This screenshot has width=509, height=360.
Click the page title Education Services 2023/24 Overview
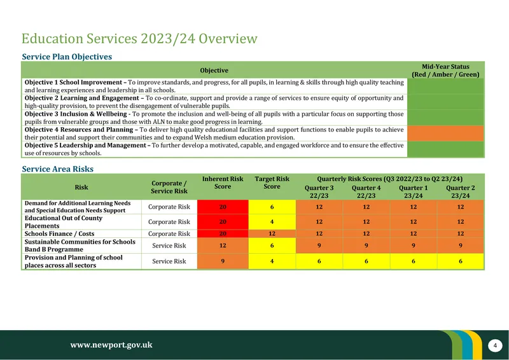point(139,39)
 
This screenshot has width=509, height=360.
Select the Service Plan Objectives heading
point(67,57)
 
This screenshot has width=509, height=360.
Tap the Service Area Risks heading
point(57,169)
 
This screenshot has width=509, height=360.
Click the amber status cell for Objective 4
point(445,134)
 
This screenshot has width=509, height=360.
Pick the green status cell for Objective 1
point(445,86)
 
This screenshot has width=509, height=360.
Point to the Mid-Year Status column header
point(445,71)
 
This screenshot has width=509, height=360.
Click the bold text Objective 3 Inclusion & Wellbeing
point(76,114)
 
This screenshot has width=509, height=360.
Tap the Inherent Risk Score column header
point(223,183)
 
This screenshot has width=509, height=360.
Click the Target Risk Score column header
point(272,183)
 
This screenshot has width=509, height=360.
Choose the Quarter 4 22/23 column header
point(366,191)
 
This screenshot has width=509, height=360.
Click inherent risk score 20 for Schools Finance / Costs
point(223,233)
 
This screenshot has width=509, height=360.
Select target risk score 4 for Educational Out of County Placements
point(272,222)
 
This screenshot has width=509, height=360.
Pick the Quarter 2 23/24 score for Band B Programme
point(460,246)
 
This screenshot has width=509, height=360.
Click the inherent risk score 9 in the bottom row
point(223,261)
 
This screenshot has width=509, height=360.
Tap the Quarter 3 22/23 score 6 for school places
point(319,261)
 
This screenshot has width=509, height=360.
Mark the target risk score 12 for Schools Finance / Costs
point(272,233)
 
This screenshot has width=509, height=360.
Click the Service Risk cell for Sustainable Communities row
point(169,246)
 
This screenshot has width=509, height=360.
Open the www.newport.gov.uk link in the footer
point(111,345)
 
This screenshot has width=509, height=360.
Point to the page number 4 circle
point(495,345)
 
